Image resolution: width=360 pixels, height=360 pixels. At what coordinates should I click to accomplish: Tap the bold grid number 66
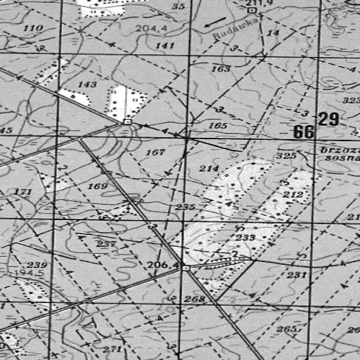coord(304,132)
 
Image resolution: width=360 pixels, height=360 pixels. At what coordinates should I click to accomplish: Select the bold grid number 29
coord(328,119)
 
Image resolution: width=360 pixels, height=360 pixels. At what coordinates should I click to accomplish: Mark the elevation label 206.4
coord(162,264)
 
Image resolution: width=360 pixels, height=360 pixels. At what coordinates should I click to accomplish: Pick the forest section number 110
coord(32,28)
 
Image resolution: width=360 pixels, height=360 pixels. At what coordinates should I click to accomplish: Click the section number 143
coord(87,84)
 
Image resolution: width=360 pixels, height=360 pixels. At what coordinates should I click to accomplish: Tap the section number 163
coord(220,69)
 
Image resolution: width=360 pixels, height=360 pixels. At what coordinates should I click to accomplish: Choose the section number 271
coord(112,349)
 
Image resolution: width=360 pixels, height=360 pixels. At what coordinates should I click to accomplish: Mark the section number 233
coord(245,238)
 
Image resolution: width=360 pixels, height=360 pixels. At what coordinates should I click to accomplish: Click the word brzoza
coord(339,150)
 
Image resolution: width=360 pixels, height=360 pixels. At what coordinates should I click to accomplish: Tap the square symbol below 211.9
coord(251,11)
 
